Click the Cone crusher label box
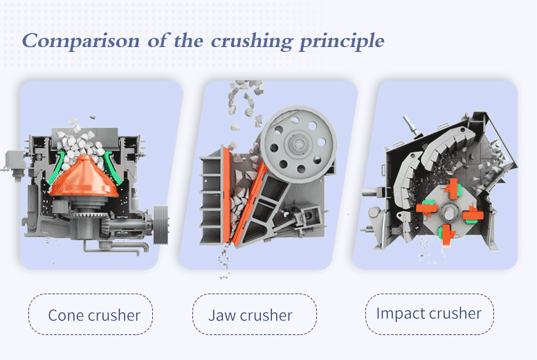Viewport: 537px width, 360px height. [91, 315]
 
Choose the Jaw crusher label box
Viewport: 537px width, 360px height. [254, 315]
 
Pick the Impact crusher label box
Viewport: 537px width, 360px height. [429, 313]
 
